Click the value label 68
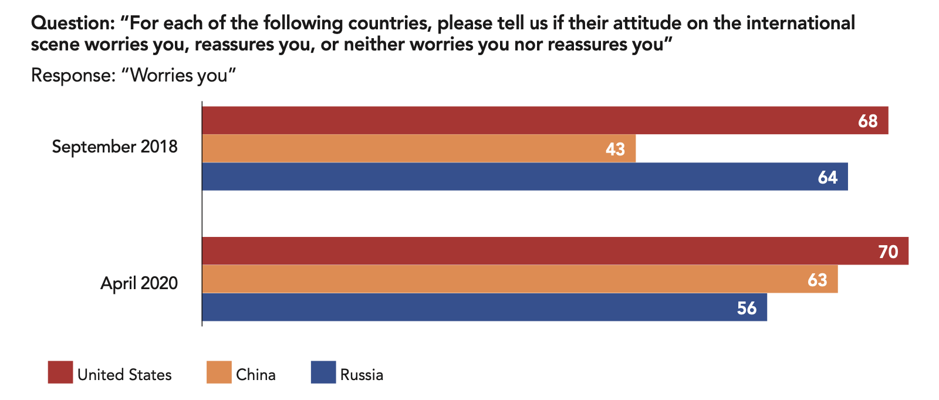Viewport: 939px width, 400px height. pos(867,121)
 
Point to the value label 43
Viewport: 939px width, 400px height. pos(615,149)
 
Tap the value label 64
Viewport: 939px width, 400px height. pos(827,177)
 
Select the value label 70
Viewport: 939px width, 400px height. pos(888,252)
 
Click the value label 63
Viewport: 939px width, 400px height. pos(817,280)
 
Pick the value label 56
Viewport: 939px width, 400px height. pos(747,308)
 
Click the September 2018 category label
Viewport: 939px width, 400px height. pos(114,146)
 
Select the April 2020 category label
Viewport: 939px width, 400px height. pos(139,283)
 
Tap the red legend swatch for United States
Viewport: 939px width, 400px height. pos(60,372)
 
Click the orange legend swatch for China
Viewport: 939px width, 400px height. pos(219,372)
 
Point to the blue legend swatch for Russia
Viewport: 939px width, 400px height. pos(323,372)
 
